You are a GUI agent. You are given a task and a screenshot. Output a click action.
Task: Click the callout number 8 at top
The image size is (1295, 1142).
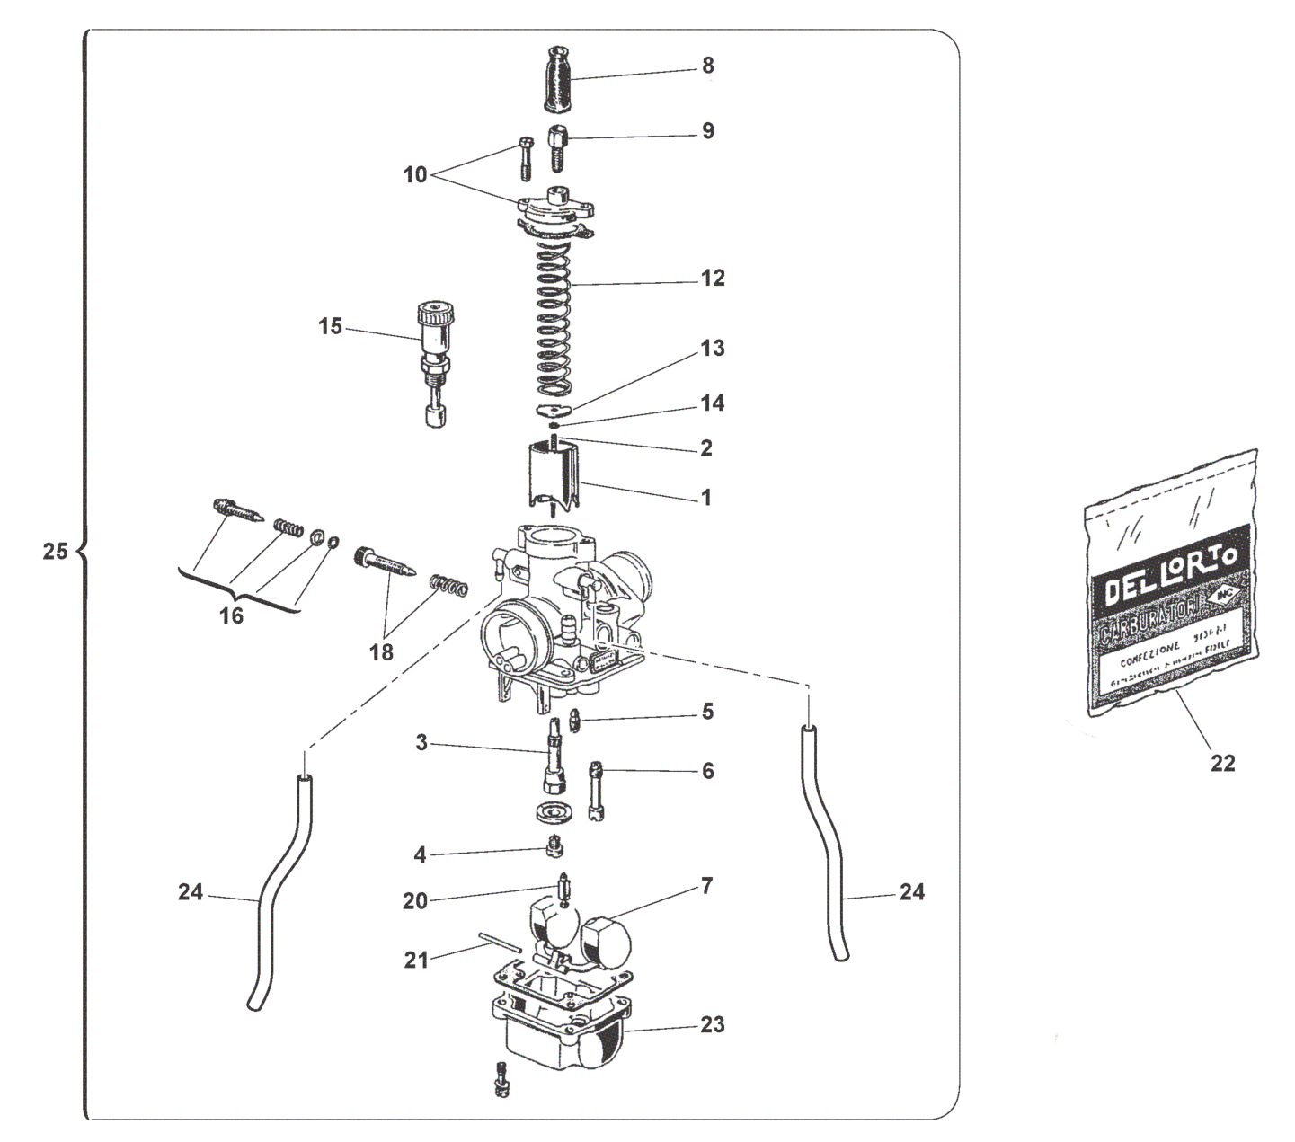[x=708, y=66]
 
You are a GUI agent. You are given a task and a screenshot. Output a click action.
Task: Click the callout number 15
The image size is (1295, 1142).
[x=331, y=326]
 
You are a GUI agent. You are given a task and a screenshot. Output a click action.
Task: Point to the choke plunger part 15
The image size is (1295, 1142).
[x=434, y=359]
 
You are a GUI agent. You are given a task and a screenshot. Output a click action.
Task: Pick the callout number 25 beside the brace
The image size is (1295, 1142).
[x=55, y=551]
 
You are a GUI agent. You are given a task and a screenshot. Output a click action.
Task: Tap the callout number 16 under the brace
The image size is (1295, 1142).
[x=231, y=616]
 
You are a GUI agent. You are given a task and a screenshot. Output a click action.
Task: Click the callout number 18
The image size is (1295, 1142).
[x=382, y=652]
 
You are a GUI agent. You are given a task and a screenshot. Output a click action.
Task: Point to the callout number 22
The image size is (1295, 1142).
[x=1223, y=763]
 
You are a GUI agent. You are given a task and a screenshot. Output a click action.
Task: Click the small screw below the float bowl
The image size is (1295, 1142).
[x=501, y=1077]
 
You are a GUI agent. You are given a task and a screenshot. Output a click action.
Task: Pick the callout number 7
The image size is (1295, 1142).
[x=707, y=887]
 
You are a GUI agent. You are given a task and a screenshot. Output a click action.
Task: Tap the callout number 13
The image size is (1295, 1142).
[x=713, y=348]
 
